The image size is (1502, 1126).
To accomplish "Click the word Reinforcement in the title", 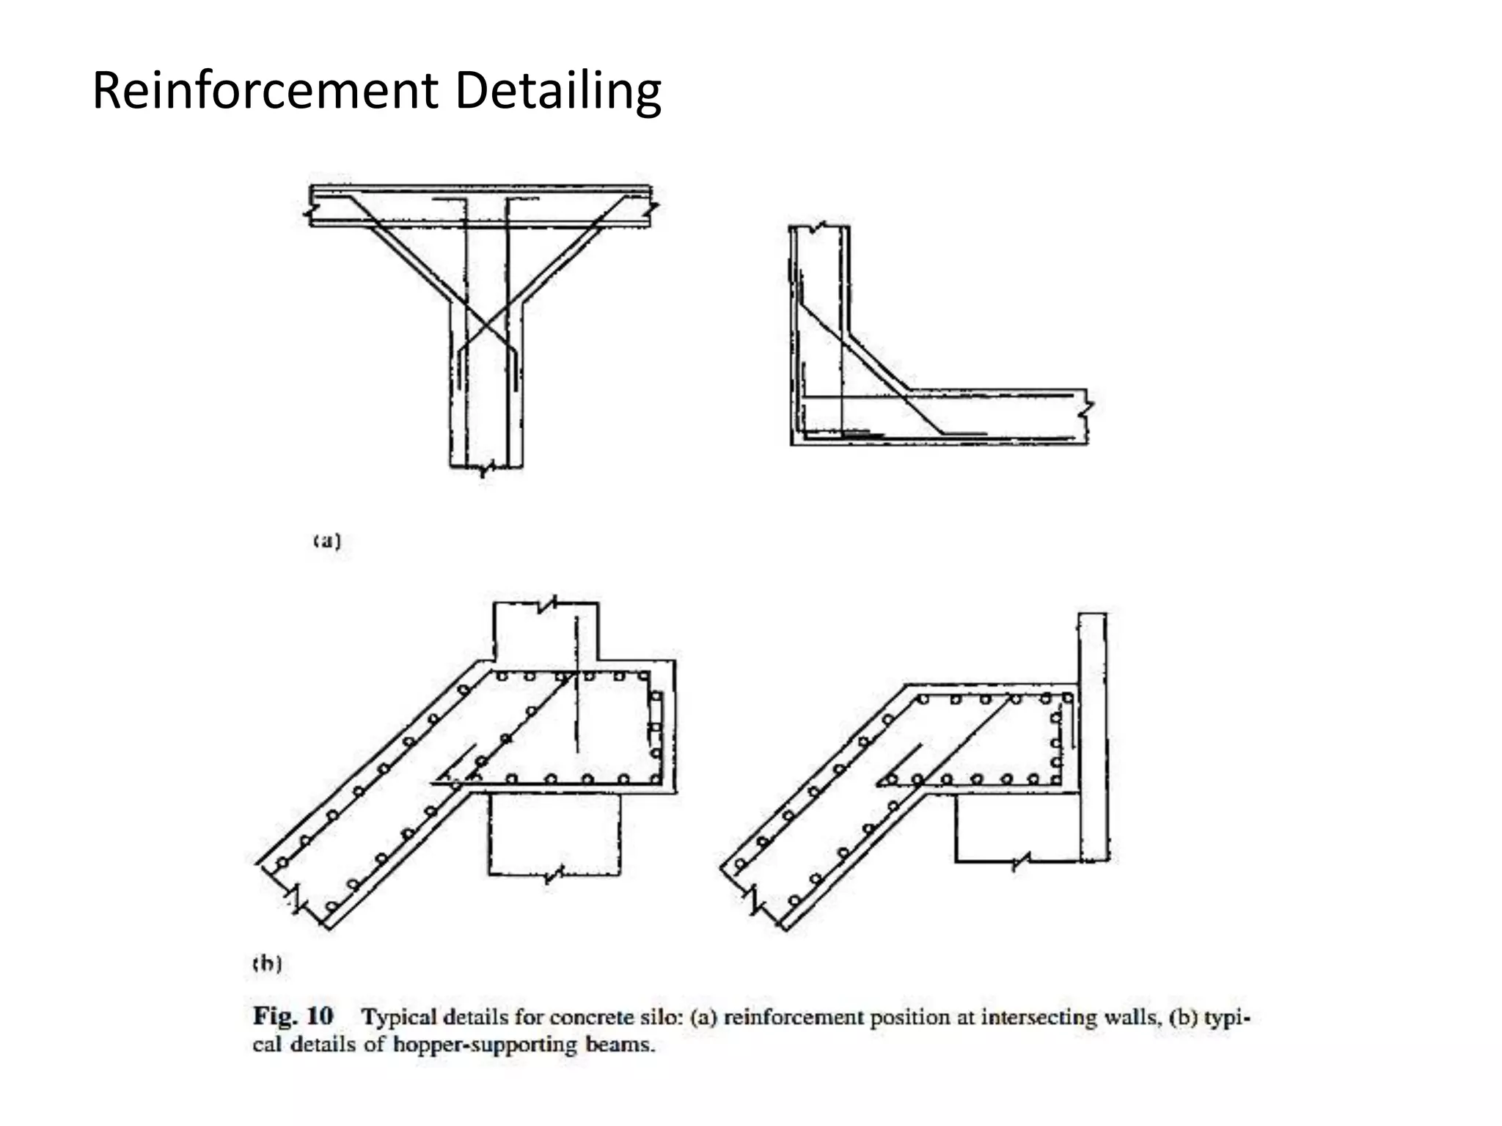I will [264, 91].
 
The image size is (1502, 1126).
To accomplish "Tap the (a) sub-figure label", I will [327, 542].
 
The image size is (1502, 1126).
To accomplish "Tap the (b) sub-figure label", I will [267, 963].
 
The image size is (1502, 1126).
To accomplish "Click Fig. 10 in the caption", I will [293, 1017].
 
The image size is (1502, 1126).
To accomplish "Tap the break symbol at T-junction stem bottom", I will [485, 468].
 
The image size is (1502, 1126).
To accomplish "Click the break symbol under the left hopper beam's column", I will [555, 875].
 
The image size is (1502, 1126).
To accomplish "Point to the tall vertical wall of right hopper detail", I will [1092, 733].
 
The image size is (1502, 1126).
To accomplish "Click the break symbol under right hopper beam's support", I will [1021, 861].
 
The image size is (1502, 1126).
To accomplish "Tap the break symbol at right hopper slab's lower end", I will [753, 899].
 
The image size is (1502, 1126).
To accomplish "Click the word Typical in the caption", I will [400, 1018].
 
